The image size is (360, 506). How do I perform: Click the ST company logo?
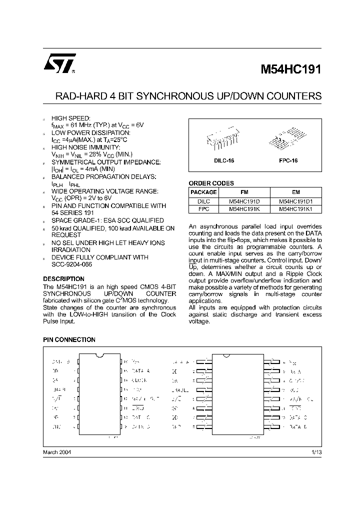click(59, 63)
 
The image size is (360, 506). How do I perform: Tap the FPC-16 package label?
click(288, 161)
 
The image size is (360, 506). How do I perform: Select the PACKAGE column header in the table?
click(204, 192)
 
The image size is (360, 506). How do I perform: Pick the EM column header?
click(295, 192)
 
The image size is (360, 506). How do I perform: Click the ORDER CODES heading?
click(211, 183)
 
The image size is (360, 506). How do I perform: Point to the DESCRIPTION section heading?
click(63, 278)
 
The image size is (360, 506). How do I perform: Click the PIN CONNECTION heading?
click(69, 339)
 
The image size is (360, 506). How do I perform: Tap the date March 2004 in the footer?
click(57, 451)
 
